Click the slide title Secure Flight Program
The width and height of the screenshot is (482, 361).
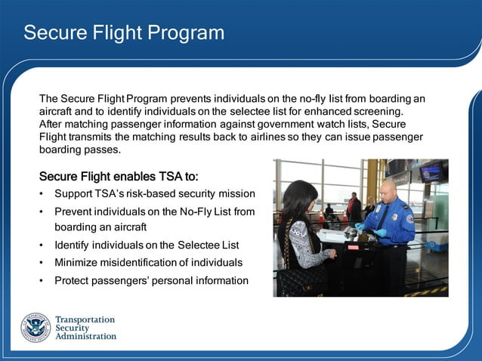124,33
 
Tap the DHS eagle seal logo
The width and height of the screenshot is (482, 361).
35,327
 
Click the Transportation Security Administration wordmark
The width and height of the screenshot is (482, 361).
86,328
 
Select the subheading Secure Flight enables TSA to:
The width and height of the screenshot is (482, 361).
119,177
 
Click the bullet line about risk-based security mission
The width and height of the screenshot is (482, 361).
154,194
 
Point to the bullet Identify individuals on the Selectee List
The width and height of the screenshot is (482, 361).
147,245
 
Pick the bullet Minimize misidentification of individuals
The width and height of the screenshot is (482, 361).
148,263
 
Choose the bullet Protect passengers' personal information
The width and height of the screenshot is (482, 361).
151,281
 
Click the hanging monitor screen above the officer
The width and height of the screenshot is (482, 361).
431,173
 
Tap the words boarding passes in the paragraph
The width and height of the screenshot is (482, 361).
79,150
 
